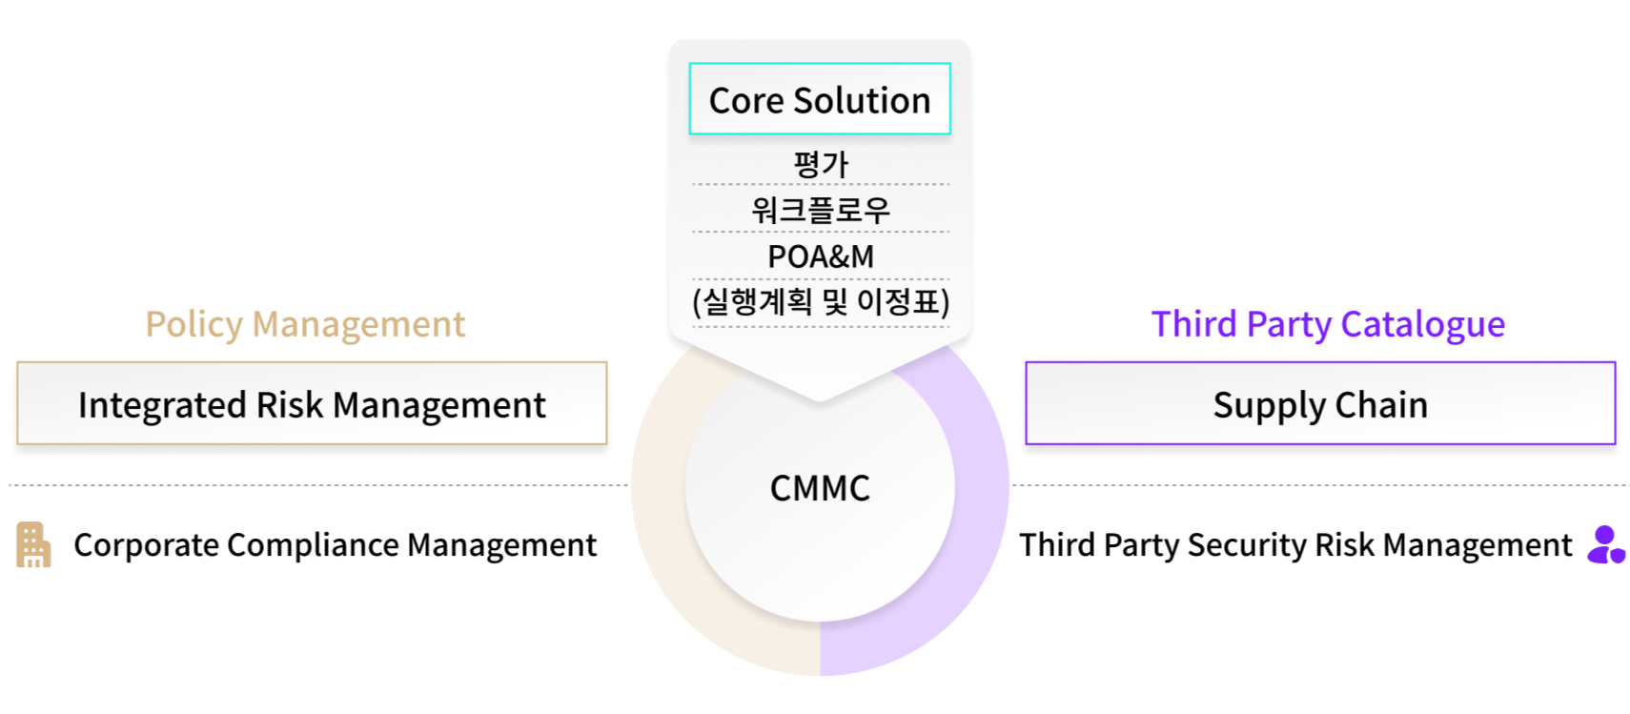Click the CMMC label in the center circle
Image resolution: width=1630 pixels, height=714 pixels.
tap(820, 488)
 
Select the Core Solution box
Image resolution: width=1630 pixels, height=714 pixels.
tap(820, 99)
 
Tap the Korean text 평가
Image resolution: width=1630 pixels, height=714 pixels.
tap(820, 164)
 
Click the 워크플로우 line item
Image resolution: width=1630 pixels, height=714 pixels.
tap(820, 210)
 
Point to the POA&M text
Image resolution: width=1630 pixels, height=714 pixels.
tap(820, 256)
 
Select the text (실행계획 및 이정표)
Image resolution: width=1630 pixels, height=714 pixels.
tap(820, 302)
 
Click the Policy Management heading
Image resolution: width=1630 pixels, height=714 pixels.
tap(305, 325)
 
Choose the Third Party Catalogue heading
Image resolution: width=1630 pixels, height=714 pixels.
tap(1328, 325)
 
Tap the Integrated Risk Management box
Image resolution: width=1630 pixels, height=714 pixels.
tap(312, 404)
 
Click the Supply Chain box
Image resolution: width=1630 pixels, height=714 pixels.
tap(1320, 404)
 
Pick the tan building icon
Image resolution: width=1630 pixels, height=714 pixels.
tap(32, 545)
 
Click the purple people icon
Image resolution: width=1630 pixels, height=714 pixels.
tap(1605, 545)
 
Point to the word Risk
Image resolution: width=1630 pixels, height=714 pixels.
tap(290, 404)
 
